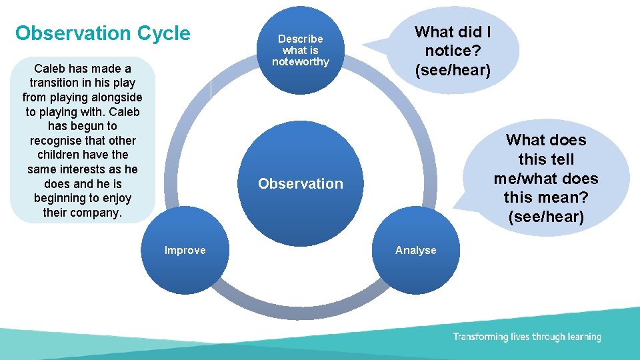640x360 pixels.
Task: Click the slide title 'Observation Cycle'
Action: click(x=103, y=33)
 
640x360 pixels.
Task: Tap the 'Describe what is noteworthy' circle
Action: click(x=300, y=50)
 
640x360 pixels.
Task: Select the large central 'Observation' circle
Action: click(x=300, y=183)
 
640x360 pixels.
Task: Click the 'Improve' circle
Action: click(x=185, y=250)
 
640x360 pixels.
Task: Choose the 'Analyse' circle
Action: click(x=415, y=250)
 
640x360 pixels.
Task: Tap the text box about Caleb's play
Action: click(x=83, y=140)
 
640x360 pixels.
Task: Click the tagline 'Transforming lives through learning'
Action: click(x=527, y=337)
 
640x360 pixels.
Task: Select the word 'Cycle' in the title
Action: click(x=163, y=33)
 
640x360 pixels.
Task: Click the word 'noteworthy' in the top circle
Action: click(x=300, y=62)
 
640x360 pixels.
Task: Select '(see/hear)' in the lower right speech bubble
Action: click(x=545, y=217)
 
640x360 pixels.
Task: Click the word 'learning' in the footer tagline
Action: click(x=584, y=337)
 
